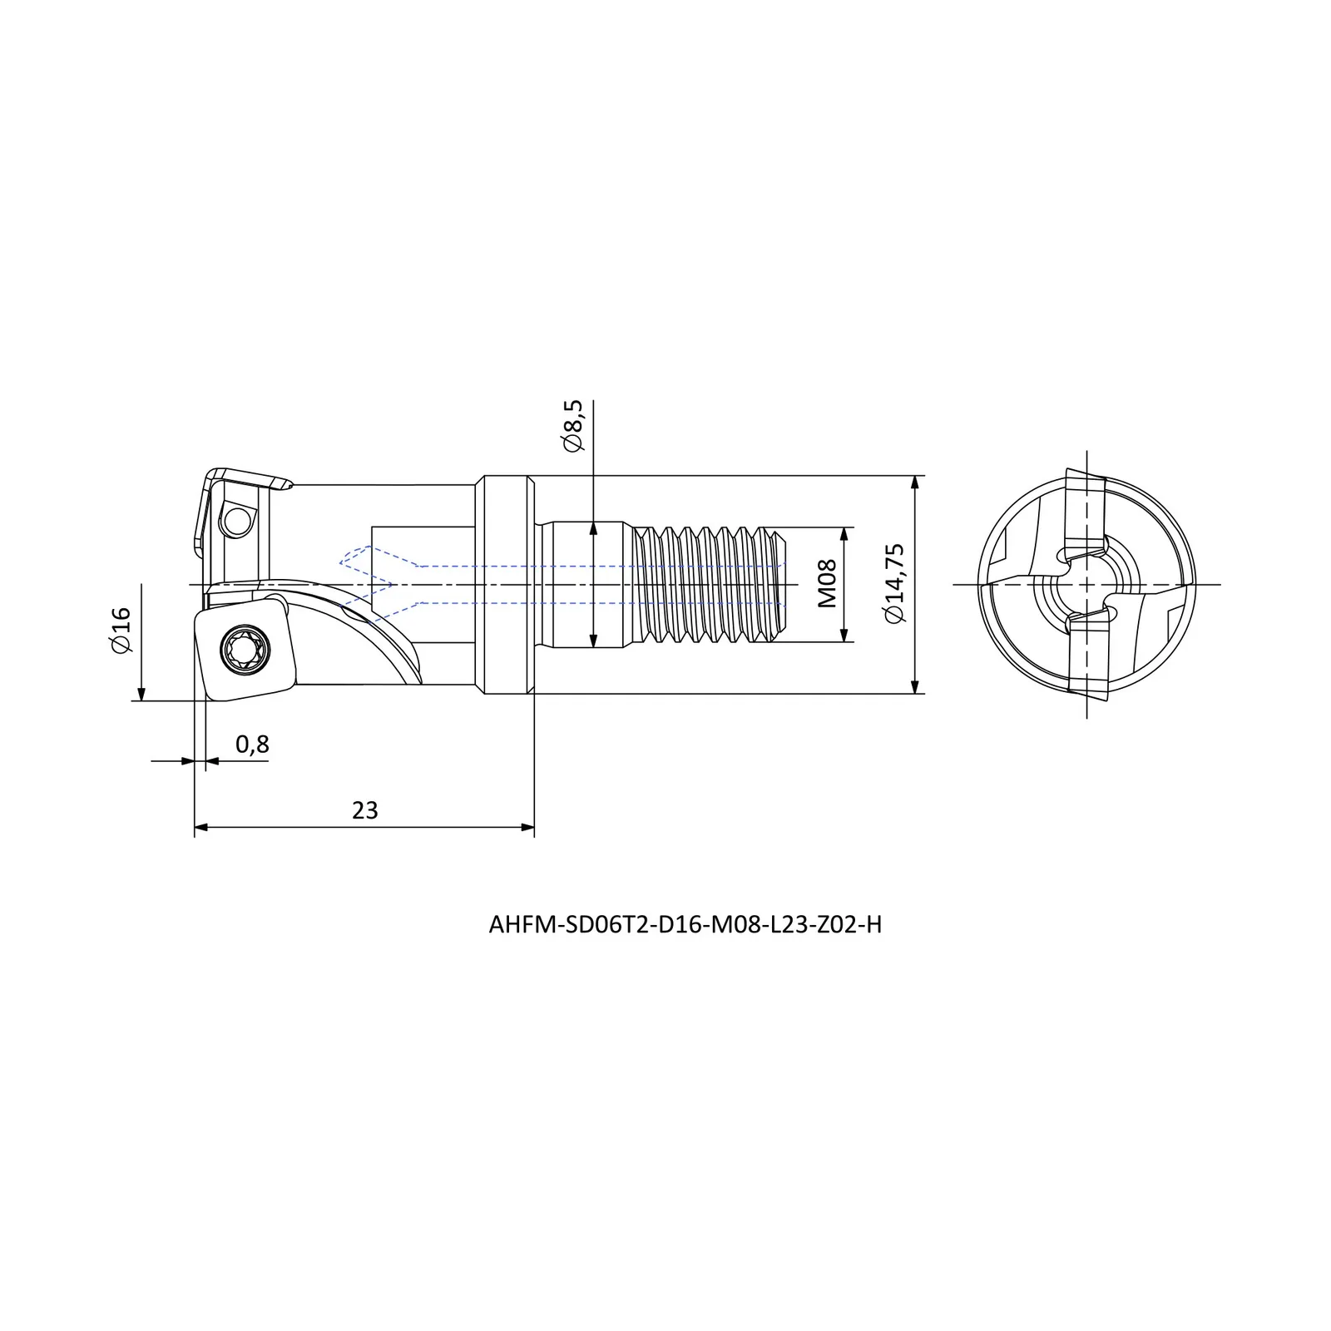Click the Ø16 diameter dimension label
coord(121,630)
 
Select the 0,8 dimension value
coord(252,744)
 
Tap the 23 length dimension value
coord(364,810)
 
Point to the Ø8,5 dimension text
coord(573,425)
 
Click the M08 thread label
coord(826,584)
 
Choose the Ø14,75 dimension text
coord(894,583)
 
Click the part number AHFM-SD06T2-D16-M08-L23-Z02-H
coord(685,925)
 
